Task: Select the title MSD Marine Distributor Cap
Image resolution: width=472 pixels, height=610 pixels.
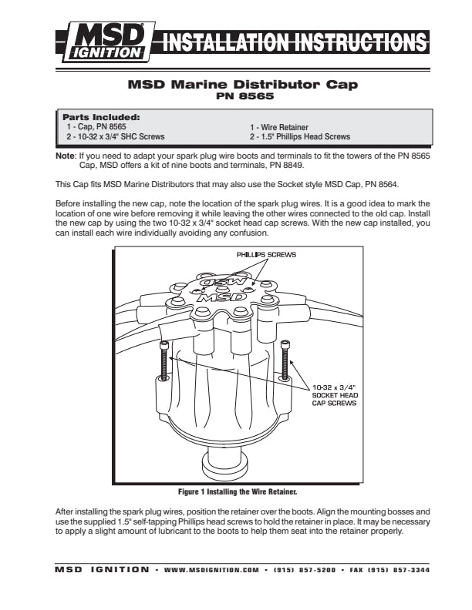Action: click(241, 85)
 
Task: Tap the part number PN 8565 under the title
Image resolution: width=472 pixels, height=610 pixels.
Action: click(241, 96)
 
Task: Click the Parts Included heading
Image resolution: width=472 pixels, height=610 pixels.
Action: click(100, 117)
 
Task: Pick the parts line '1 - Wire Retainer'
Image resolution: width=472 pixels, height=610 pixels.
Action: click(278, 127)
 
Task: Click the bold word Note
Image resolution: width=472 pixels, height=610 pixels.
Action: click(66, 156)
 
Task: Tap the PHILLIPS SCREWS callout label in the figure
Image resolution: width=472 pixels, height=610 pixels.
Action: click(265, 254)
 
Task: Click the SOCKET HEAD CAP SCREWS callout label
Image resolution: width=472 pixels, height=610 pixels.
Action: click(334, 394)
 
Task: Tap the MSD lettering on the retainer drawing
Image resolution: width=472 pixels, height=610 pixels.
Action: click(231, 293)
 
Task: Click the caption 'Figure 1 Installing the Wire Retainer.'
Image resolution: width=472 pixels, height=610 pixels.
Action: click(238, 491)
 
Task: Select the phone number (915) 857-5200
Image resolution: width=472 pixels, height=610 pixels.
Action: click(296, 570)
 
